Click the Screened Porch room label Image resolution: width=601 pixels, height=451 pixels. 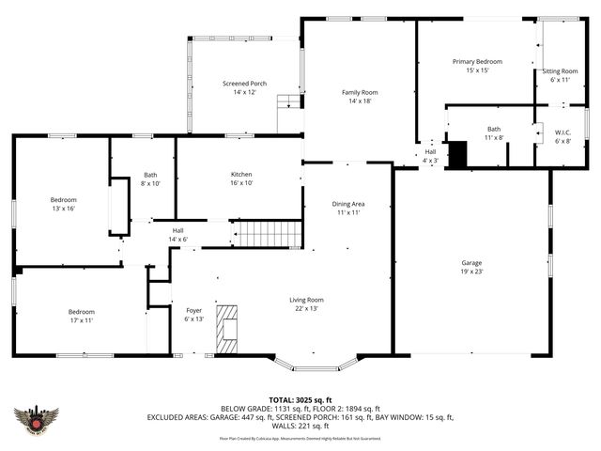pos(244,87)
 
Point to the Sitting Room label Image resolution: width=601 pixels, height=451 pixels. pos(560,75)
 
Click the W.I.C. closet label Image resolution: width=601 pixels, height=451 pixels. pos(562,137)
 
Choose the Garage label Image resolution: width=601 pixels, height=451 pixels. pos(471,267)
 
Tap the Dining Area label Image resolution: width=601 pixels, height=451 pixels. pos(347,208)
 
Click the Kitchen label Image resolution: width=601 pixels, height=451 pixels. pos(241,179)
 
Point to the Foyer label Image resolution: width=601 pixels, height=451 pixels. pos(193,314)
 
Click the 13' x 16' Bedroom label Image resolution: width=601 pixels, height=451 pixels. pos(63,204)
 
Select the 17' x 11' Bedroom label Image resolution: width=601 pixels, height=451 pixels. pos(80,316)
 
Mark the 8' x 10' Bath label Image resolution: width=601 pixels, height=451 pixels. pos(150,179)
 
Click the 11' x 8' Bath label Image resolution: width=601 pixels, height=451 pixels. pos(494,133)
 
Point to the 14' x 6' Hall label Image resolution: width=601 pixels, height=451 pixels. pos(177,235)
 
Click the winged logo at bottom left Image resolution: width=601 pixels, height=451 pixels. pos(37,420)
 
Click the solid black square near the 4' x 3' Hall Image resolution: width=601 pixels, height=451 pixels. pos(457,155)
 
